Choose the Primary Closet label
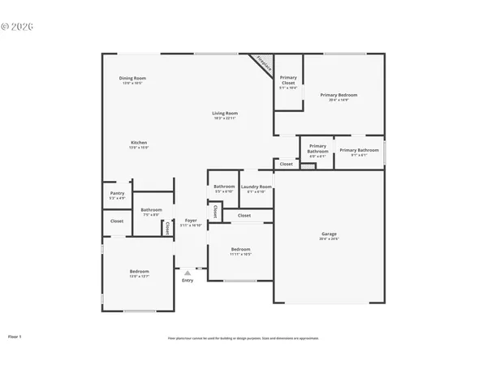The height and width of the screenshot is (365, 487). (x=288, y=79)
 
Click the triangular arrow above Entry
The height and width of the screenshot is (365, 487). (x=187, y=273)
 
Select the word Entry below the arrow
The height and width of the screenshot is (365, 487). (x=187, y=281)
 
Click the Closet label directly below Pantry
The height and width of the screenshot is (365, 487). (x=117, y=221)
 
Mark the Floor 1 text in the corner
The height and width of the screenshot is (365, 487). (x=15, y=336)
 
